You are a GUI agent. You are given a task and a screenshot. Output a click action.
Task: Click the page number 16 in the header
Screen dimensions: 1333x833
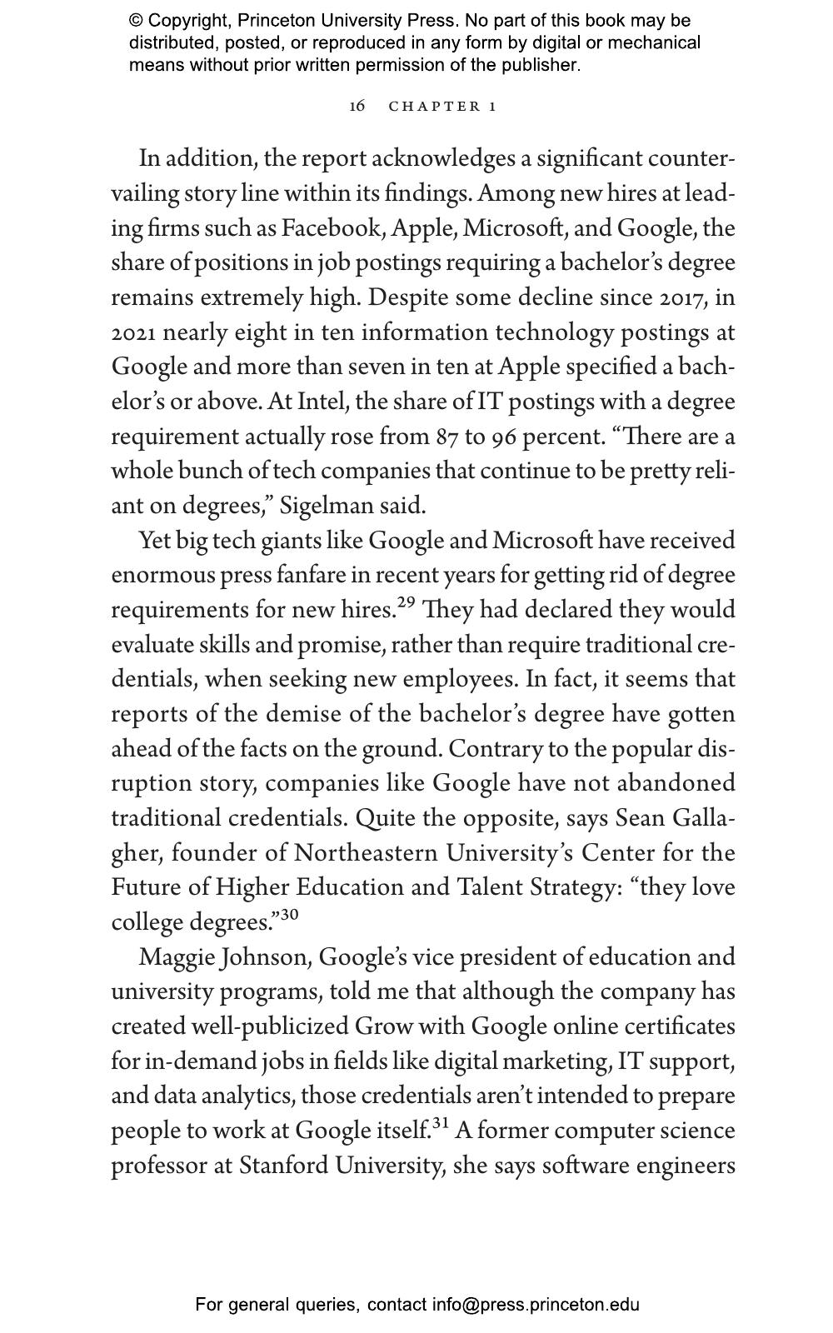point(357,106)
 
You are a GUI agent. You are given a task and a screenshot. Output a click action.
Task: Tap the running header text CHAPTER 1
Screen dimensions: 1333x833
point(442,107)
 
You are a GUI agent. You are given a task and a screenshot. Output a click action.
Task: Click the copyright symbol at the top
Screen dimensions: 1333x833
point(136,21)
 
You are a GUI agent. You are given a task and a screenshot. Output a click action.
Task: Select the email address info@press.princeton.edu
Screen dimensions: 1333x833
point(536,1305)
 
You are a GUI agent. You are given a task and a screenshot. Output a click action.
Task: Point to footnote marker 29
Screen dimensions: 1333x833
point(406,603)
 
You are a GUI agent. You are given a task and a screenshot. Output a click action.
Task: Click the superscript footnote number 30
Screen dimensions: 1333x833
point(289,915)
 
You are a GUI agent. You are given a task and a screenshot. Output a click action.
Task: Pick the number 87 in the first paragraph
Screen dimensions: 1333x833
point(447,437)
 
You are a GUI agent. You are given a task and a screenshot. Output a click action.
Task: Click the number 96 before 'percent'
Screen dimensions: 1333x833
point(505,437)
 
